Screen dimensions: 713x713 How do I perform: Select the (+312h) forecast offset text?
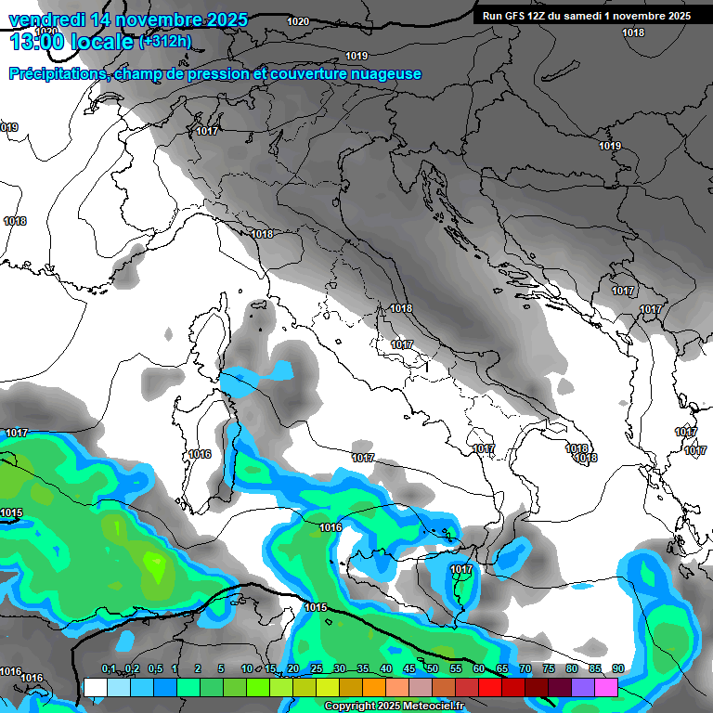point(164,42)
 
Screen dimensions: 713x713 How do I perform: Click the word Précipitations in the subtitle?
point(58,74)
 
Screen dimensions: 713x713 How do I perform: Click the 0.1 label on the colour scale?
point(108,669)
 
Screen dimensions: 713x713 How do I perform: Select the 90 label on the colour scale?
point(617,669)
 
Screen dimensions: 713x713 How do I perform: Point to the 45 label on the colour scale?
point(409,669)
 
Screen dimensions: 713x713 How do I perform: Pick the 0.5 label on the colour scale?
point(154,669)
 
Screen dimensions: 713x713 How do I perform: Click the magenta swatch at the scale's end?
point(606,687)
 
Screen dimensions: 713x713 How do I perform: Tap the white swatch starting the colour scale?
point(96,687)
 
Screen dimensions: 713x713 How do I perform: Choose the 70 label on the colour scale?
point(525,669)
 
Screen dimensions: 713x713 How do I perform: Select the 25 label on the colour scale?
point(317,669)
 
